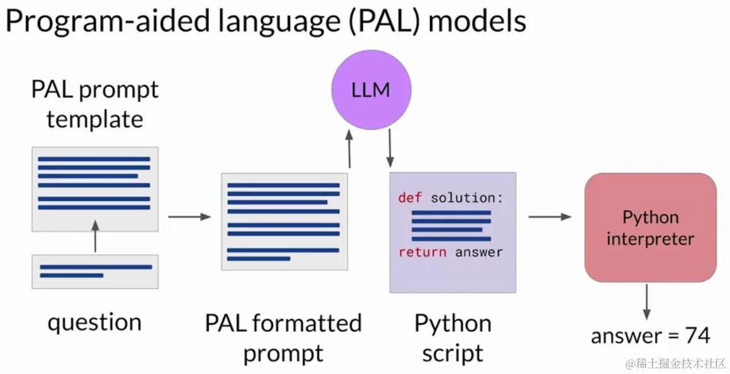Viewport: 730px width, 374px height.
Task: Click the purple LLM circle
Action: (x=371, y=91)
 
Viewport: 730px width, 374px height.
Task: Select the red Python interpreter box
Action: (x=650, y=227)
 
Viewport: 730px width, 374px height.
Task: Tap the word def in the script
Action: (x=410, y=198)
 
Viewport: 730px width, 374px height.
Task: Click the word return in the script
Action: (x=422, y=252)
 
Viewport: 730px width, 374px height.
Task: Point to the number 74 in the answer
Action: (x=697, y=336)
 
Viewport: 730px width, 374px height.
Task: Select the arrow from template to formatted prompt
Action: (x=189, y=217)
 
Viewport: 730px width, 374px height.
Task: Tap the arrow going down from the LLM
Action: (x=390, y=149)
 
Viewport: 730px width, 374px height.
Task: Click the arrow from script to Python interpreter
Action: (x=549, y=217)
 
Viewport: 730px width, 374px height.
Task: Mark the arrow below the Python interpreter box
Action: (x=646, y=302)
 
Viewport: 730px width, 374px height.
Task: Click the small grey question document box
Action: (x=95, y=271)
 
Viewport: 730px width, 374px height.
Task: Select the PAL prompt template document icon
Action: (x=95, y=188)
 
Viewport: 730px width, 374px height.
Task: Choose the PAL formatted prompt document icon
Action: (x=284, y=222)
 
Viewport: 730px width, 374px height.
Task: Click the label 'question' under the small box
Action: (x=95, y=322)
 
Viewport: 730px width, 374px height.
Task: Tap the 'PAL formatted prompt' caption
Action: (x=283, y=338)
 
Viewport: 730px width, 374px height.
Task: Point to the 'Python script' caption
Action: (x=452, y=338)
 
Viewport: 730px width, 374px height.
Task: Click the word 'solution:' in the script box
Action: (x=467, y=198)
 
